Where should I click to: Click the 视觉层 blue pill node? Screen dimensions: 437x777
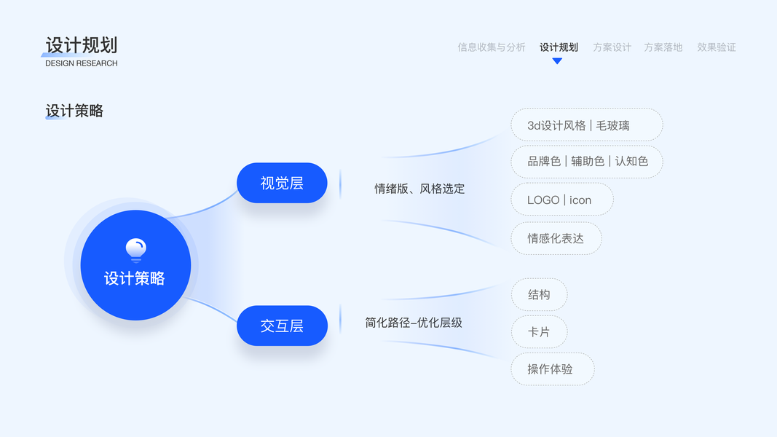click(x=282, y=183)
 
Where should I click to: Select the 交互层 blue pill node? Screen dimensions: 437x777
click(x=282, y=326)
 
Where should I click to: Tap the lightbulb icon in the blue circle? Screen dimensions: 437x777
click(x=135, y=250)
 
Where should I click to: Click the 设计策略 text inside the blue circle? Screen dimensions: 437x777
click(x=135, y=278)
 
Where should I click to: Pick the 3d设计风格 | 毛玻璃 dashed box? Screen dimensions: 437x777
click(x=586, y=125)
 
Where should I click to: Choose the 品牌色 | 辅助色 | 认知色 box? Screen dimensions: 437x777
click(x=586, y=161)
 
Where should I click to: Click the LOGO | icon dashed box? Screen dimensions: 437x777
click(x=561, y=200)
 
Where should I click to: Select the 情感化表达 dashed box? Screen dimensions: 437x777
click(x=556, y=238)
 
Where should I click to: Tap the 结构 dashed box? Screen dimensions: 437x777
click(x=539, y=294)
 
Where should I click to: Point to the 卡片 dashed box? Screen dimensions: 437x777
click(x=539, y=331)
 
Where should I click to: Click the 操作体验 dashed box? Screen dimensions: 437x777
click(x=552, y=369)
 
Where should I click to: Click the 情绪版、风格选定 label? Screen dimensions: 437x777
click(x=419, y=189)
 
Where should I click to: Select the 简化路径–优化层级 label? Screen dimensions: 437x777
click(x=414, y=323)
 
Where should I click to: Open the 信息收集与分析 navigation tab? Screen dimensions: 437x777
click(x=492, y=47)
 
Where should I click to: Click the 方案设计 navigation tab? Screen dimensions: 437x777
click(x=612, y=47)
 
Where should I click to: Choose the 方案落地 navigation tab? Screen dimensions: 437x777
click(x=663, y=47)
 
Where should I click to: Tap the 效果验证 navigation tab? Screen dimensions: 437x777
click(x=717, y=47)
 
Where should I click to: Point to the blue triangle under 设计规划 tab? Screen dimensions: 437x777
click(x=557, y=61)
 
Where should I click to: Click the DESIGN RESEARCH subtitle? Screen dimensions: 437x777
click(x=81, y=63)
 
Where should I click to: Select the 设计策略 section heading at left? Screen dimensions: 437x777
click(x=74, y=111)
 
